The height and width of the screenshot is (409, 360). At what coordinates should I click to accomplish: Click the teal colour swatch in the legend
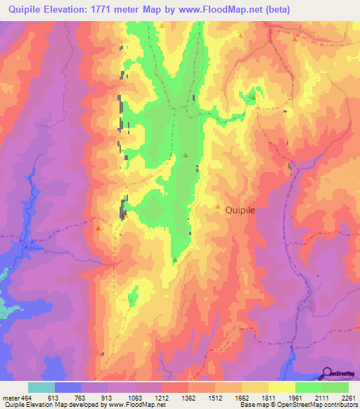(x=41, y=387)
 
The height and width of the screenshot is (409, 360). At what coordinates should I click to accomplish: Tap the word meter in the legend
(x=11, y=397)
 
